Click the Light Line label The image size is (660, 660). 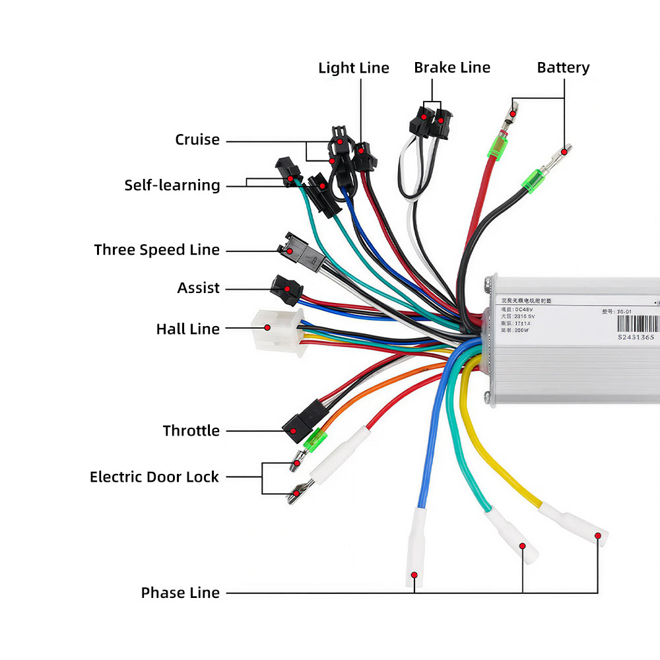coord(354,68)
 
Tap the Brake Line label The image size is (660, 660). coord(452,67)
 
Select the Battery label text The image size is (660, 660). coord(563,67)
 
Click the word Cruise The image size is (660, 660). coord(197,140)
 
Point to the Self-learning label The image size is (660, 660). coord(172,185)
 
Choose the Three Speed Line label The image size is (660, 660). coord(156,250)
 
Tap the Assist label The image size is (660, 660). coord(198,288)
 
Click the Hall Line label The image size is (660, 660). coord(187,329)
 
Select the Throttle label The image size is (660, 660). coord(191,431)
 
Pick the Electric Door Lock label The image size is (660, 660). coord(154,477)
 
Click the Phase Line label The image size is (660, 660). coord(180,593)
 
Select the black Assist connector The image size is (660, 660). coord(286,288)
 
